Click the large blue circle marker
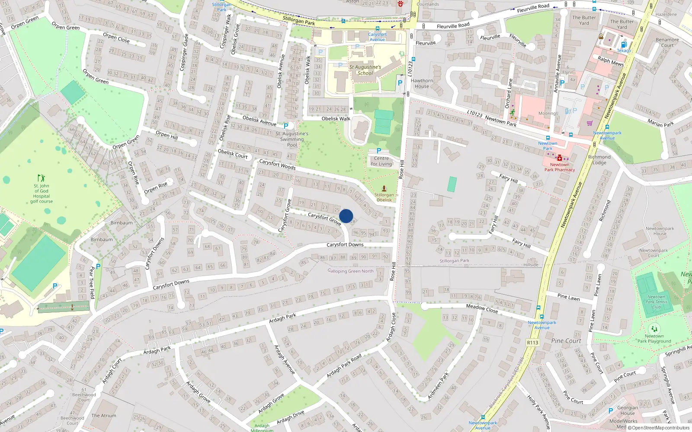(346, 216)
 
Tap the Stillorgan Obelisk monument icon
(384, 188)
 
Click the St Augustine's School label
(365, 70)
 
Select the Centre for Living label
(381, 161)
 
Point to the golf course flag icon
(41, 178)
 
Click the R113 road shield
(532, 343)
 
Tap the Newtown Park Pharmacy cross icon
(560, 158)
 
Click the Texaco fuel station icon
(623, 44)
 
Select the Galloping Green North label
(351, 271)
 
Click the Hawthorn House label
(422, 83)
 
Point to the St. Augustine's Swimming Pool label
(292, 139)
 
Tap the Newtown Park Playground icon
(654, 329)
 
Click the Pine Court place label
(566, 341)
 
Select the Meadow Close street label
(482, 308)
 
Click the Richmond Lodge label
(599, 160)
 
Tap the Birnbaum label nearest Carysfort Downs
(102, 239)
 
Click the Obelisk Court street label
(233, 154)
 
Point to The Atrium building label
(104, 416)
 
